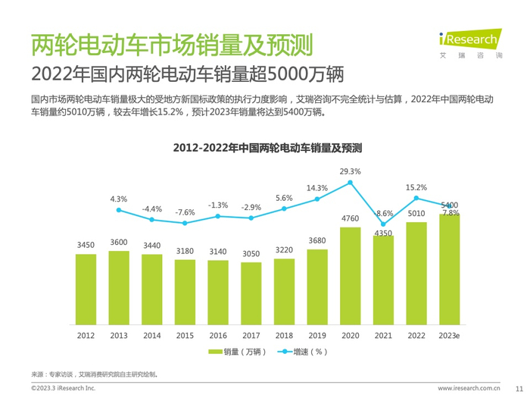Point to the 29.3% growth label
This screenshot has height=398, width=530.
(x=350, y=171)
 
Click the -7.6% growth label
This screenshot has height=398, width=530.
(x=185, y=212)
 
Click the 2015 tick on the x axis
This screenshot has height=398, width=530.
(x=185, y=334)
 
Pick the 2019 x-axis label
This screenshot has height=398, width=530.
(x=317, y=334)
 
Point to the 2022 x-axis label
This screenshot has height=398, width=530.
(x=416, y=334)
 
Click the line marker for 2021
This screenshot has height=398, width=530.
(x=383, y=224)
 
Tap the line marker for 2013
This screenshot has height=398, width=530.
(x=119, y=209)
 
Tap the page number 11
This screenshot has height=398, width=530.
(x=518, y=387)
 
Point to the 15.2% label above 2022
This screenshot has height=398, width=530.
(x=416, y=187)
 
